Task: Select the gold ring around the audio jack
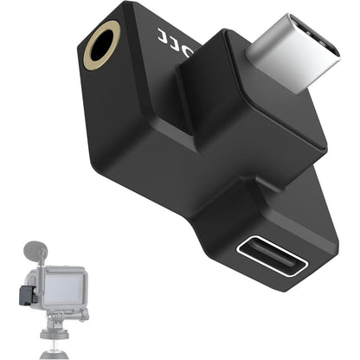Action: coord(91,39)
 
